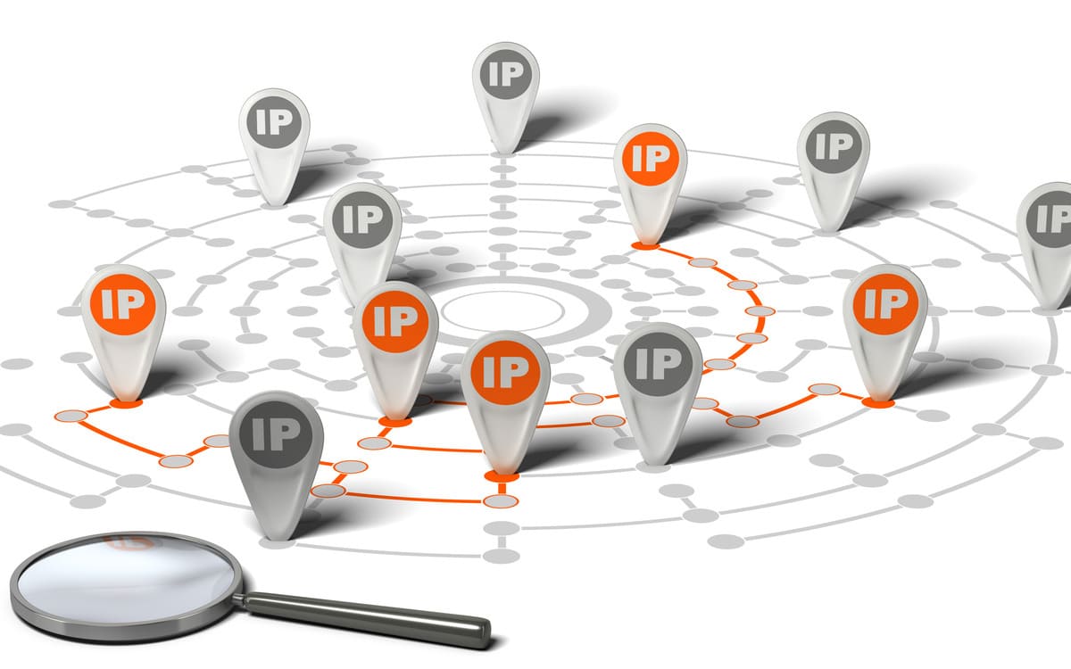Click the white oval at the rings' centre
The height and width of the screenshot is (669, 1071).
pos(502,311)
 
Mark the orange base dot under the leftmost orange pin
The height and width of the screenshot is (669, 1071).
pos(126,404)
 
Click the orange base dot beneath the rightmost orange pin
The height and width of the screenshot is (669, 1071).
pos(878,403)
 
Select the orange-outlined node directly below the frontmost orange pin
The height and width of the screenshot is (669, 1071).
pos(501,501)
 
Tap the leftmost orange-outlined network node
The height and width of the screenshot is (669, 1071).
pos(71,417)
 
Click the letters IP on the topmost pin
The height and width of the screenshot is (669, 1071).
pos(506,75)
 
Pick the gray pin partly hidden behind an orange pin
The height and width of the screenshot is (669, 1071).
pos(363,239)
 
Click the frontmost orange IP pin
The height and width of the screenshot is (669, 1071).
pos(505,402)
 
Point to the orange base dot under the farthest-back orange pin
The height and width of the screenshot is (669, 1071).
pos(645,246)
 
